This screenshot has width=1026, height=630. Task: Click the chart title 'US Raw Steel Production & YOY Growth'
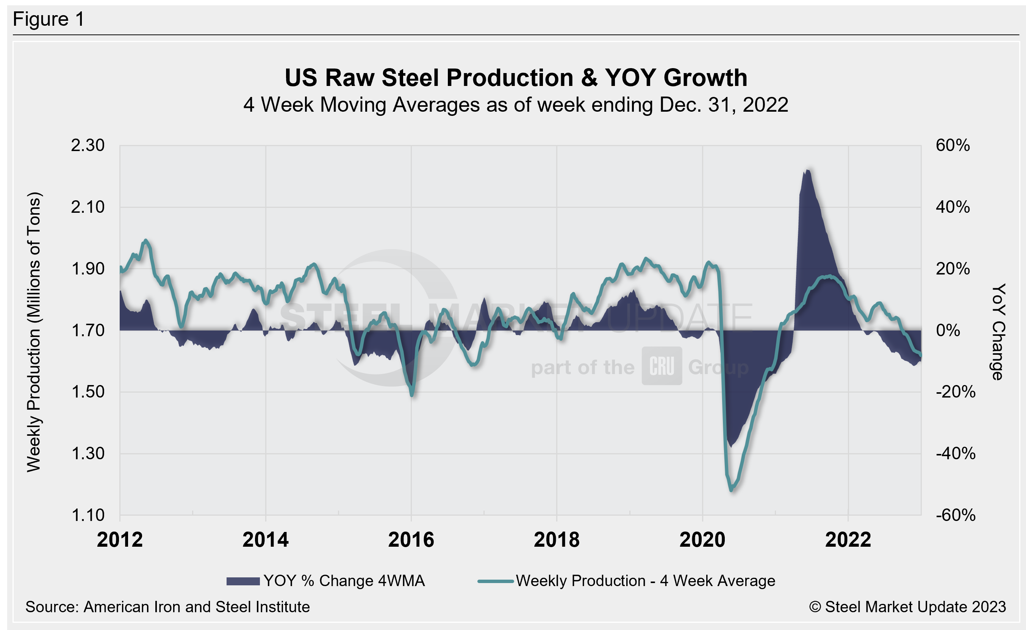[516, 78]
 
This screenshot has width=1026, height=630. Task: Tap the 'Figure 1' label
[48, 19]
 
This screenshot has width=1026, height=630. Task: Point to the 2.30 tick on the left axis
[88, 145]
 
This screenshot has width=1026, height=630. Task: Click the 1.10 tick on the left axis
[88, 515]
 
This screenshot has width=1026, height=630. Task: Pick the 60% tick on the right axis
[952, 145]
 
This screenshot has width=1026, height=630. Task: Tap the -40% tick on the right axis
[956, 453]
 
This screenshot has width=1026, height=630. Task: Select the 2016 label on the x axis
[411, 540]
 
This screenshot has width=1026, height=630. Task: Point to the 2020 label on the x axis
[702, 540]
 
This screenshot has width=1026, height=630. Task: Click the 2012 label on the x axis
[120, 540]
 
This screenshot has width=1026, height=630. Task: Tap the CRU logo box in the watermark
[662, 366]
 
